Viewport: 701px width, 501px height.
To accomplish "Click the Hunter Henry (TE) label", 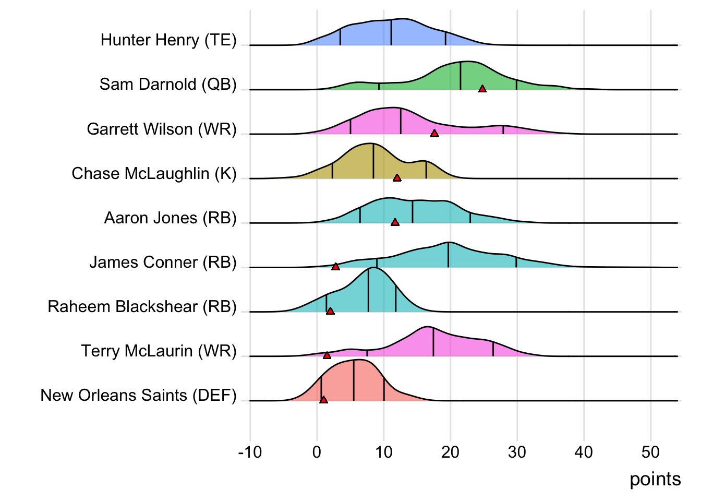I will (x=168, y=40).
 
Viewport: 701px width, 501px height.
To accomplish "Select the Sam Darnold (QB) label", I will (x=168, y=85).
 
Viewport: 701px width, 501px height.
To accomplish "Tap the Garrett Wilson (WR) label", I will (x=162, y=129).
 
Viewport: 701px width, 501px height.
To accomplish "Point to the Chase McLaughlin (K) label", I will (x=154, y=173).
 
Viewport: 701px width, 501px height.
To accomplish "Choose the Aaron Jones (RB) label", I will (x=170, y=218).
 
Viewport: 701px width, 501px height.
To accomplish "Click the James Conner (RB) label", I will (x=163, y=262).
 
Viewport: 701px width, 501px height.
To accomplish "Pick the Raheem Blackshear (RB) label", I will (x=142, y=306).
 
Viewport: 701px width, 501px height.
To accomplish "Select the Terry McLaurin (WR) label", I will (x=159, y=351).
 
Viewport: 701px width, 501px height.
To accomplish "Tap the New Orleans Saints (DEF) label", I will (x=138, y=396).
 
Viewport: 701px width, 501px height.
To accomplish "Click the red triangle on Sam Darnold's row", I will (x=482, y=89).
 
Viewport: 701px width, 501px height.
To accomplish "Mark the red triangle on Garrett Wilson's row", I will (x=434, y=134).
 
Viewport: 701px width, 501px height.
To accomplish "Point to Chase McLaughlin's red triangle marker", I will (x=397, y=178).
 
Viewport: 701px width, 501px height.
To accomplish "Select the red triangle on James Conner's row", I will (x=336, y=267).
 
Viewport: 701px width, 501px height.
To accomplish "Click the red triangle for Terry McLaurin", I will (x=327, y=355).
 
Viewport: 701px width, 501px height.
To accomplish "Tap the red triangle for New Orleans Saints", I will (x=323, y=400).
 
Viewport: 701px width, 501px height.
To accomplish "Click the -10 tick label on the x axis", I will (x=250, y=452).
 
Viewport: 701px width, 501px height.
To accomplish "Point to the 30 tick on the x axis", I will (x=517, y=452).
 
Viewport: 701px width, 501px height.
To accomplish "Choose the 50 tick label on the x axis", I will (x=650, y=452).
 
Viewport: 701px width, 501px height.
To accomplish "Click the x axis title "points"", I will (x=655, y=479).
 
